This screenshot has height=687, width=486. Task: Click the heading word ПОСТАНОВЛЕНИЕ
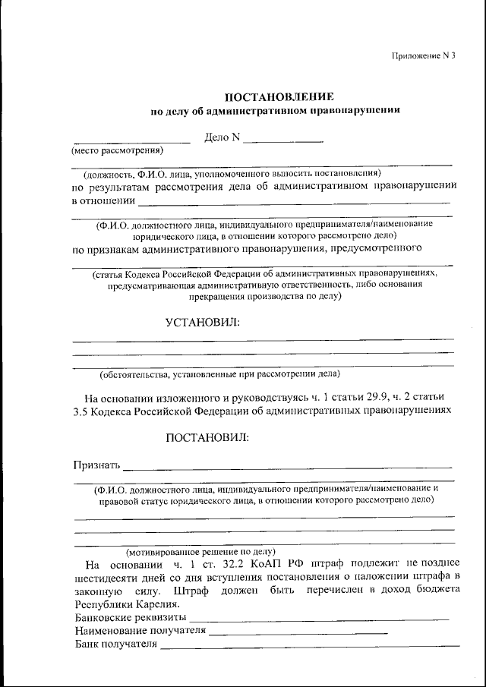[279, 97]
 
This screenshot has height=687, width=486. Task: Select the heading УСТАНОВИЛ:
[202, 323]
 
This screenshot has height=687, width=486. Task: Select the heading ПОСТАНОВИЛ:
[207, 437]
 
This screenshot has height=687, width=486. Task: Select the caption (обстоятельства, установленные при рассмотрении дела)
[220, 373]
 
